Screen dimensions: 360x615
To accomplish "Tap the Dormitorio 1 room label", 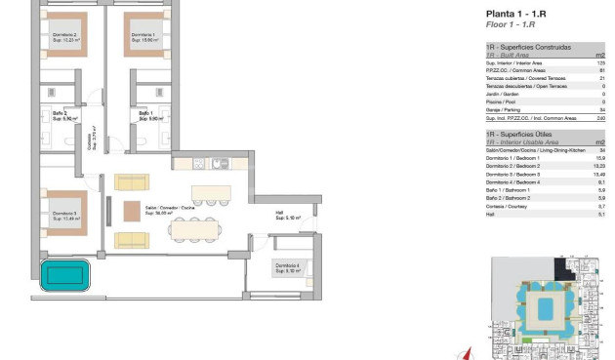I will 143,37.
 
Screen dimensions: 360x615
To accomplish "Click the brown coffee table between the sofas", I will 132,210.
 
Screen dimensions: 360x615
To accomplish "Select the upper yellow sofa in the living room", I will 130,181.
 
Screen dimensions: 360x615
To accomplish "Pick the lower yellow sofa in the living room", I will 130,239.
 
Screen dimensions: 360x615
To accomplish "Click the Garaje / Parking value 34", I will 602,110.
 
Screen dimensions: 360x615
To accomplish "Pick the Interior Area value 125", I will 601,61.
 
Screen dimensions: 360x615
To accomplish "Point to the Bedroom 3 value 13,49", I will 599,174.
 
